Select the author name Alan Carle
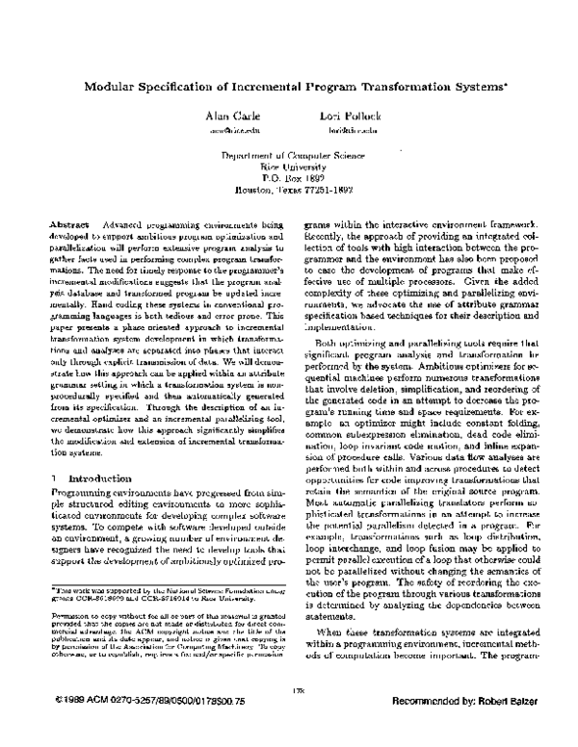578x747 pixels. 226,115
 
